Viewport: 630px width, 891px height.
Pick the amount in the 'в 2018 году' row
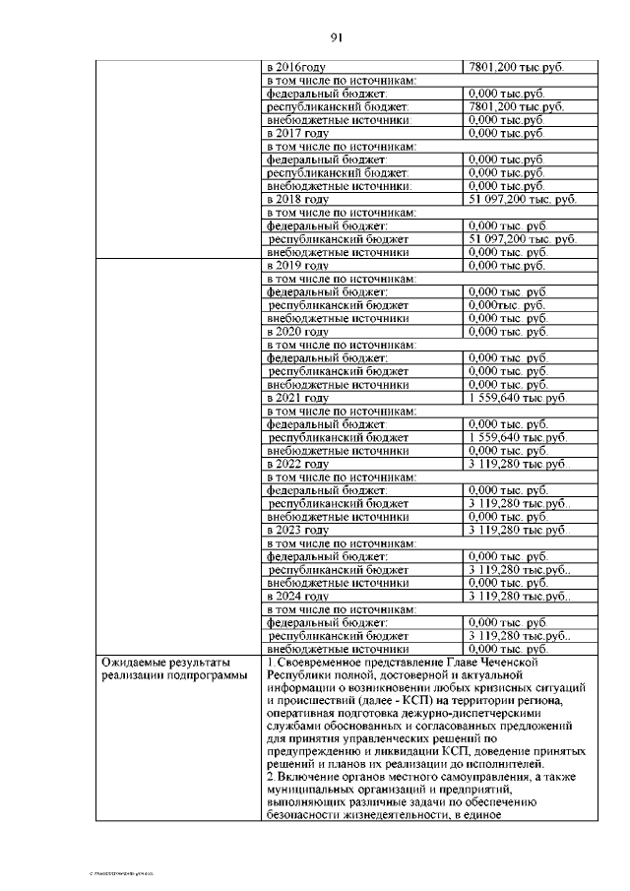[x=522, y=199]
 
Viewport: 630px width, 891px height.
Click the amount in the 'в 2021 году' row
[x=518, y=398]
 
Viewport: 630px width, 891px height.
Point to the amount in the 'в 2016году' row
[x=516, y=67]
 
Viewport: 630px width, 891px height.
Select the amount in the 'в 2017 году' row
[x=507, y=132]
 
